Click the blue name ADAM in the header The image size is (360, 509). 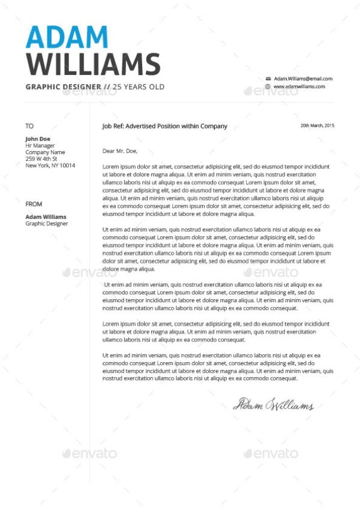pos(67,37)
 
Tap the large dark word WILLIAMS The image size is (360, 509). pos(93,64)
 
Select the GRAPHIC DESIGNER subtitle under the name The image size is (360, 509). pos(63,87)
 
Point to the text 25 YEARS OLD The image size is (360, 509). pos(139,87)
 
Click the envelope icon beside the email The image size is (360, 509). pos(268,79)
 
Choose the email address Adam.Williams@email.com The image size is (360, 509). pos(303,79)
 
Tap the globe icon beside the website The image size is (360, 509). pos(268,86)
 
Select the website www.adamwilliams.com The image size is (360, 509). pos(299,86)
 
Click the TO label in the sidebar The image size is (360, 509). pos(29,126)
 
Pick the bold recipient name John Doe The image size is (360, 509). pos(38,139)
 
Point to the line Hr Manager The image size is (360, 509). pos(40,146)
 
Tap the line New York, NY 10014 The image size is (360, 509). pos(50,165)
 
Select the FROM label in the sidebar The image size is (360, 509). pos(34,204)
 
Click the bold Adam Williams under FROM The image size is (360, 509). pos(46,217)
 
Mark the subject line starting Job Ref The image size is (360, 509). pos(165,126)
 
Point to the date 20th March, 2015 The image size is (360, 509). pos(317,125)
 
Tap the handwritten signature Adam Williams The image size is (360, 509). pos(273,405)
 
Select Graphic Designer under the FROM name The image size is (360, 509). pos(46,224)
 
